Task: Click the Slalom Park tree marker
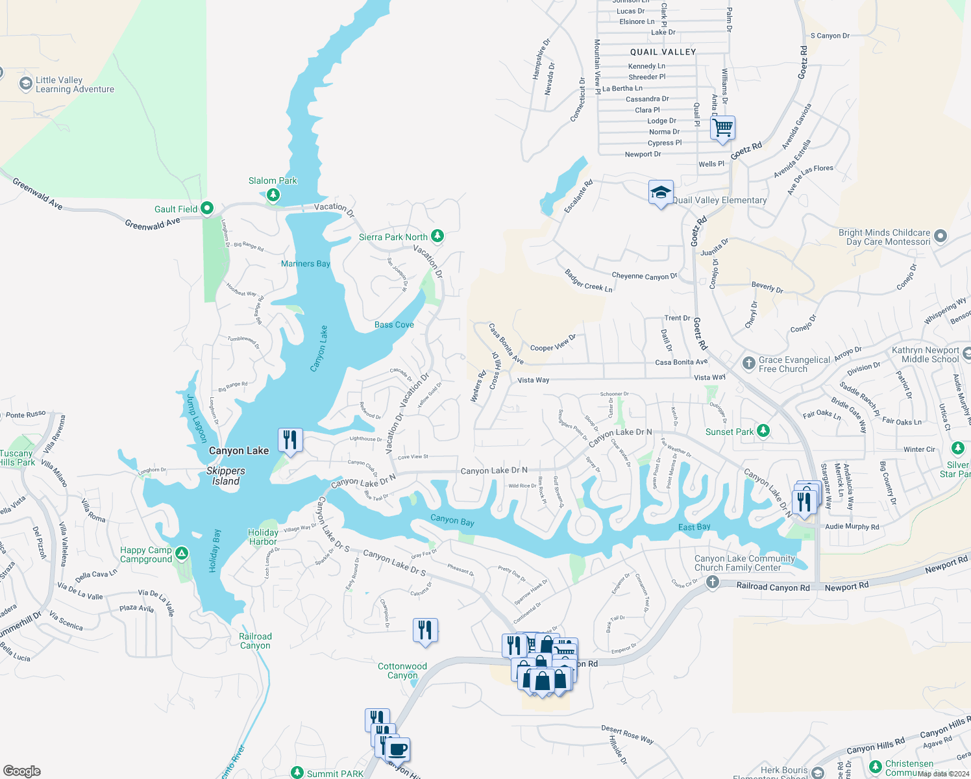click(x=273, y=194)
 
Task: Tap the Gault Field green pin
click(x=207, y=208)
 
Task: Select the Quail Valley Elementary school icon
click(x=660, y=193)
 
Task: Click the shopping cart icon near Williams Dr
click(x=722, y=127)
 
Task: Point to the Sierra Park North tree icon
click(x=437, y=236)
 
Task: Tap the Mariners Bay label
click(x=306, y=264)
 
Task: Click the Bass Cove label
click(x=394, y=325)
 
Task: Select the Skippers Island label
click(x=226, y=476)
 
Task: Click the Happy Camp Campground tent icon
click(x=182, y=554)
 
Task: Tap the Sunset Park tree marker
click(x=763, y=431)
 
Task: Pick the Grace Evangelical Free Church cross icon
click(x=748, y=363)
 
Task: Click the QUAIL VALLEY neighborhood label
click(x=663, y=52)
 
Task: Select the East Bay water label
click(x=694, y=527)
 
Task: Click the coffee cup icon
click(x=399, y=749)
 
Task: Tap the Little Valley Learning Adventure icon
click(x=25, y=84)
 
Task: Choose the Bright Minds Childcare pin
click(x=940, y=236)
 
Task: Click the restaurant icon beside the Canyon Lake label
click(x=290, y=440)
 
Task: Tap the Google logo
click(x=22, y=771)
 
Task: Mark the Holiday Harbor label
click(x=263, y=537)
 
